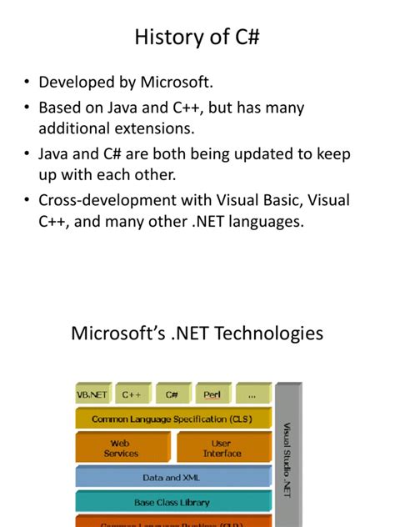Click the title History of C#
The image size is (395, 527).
tap(197, 37)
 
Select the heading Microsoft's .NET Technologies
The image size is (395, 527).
tap(197, 334)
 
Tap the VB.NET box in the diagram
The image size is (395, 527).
tap(93, 394)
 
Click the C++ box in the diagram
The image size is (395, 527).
tap(132, 394)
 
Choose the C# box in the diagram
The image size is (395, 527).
tap(172, 394)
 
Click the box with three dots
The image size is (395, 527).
tap(252, 394)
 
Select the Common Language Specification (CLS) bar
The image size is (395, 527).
tap(173, 419)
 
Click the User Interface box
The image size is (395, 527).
tap(222, 449)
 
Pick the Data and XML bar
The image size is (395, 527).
tap(172, 478)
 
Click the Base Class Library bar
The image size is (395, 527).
tap(172, 502)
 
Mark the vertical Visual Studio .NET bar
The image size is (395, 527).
tap(287, 454)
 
